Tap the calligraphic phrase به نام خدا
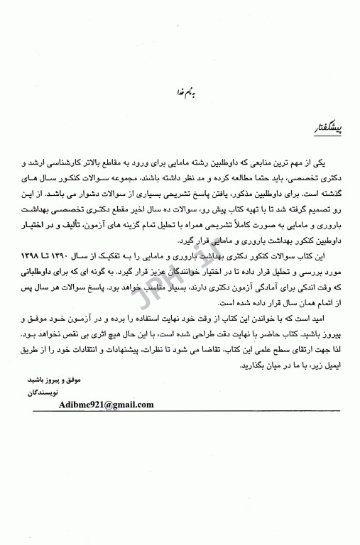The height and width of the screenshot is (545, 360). coord(177,91)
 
